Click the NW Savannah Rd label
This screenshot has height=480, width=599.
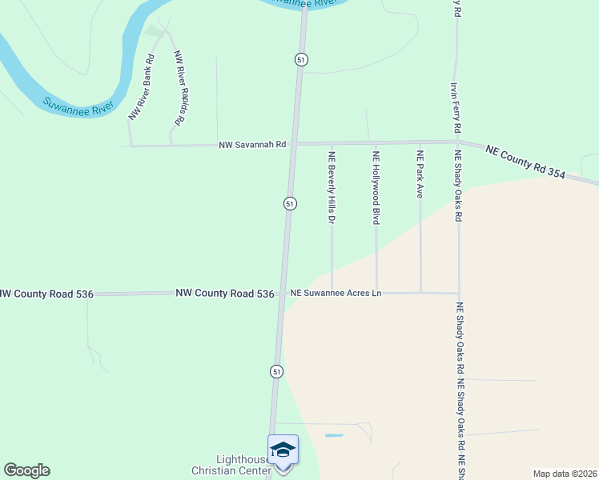pyautogui.click(x=253, y=145)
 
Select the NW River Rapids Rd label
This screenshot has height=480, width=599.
pyautogui.click(x=179, y=87)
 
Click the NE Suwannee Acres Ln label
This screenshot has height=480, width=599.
pyautogui.click(x=336, y=294)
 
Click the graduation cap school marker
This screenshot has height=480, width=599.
pyautogui.click(x=283, y=450)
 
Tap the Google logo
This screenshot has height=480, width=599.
pyautogui.click(x=26, y=470)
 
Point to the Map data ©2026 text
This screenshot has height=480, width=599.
pyautogui.click(x=565, y=474)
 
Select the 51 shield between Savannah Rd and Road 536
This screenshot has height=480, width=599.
pyautogui.click(x=291, y=204)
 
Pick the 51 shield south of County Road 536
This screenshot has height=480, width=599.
pyautogui.click(x=276, y=371)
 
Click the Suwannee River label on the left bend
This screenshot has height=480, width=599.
pyautogui.click(x=79, y=106)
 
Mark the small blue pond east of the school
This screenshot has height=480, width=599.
pyautogui.click(x=334, y=435)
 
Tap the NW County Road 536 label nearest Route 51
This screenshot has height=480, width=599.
pyautogui.click(x=225, y=294)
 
